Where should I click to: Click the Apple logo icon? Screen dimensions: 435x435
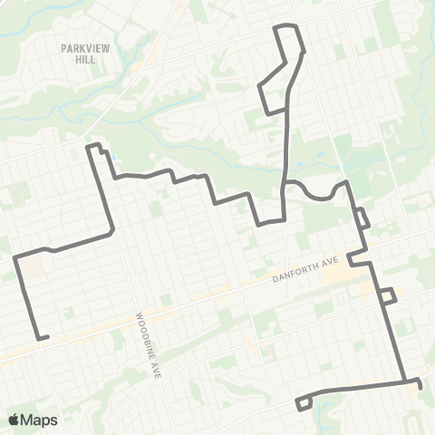(14, 420)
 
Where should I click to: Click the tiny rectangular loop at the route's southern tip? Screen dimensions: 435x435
(304, 402)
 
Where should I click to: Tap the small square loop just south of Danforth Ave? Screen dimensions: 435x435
(387, 295)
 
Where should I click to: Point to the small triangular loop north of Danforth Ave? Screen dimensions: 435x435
(362, 218)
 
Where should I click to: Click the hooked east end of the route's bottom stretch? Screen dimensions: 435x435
(419, 384)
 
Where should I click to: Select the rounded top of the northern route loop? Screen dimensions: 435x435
(286, 26)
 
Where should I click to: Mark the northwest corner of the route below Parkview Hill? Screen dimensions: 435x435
(89, 146)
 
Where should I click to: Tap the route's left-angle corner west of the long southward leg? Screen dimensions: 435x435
(16, 258)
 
